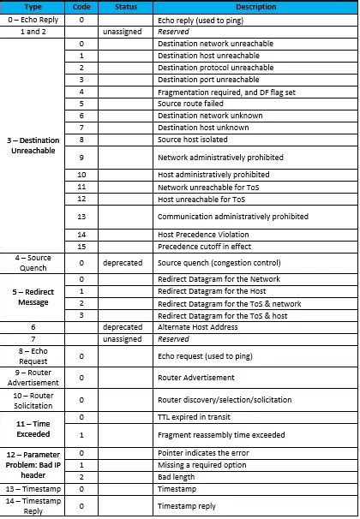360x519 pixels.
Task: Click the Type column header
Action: pos(33,6)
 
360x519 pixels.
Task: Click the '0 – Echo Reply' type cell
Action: pos(33,17)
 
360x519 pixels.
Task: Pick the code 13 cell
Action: pos(81,217)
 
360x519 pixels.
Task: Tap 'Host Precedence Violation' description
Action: pos(204,235)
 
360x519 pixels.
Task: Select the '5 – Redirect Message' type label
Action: pos(33,296)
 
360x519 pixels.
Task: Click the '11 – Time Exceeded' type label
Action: pos(33,428)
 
